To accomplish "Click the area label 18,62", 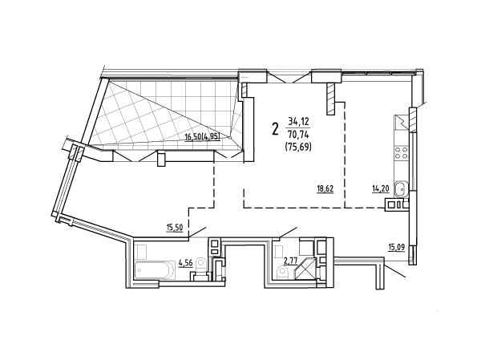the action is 325,188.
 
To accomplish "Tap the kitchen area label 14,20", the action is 381,188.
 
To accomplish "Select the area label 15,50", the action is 175,228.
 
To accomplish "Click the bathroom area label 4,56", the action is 185,263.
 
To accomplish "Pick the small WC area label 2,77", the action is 290,261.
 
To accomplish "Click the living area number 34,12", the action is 298,122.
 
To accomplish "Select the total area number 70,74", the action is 298,135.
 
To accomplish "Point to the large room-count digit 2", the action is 276,128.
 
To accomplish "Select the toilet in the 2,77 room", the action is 283,272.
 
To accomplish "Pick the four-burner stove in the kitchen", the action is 402,153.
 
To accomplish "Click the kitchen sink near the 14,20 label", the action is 402,189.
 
